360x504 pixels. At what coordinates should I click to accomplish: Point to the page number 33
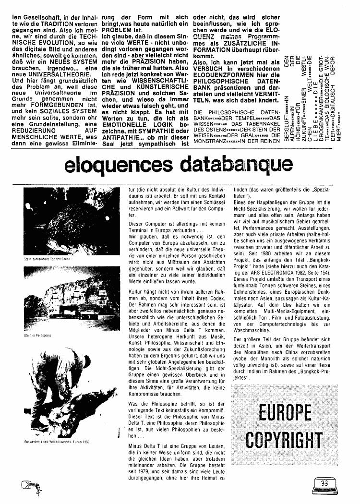[324, 483]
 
